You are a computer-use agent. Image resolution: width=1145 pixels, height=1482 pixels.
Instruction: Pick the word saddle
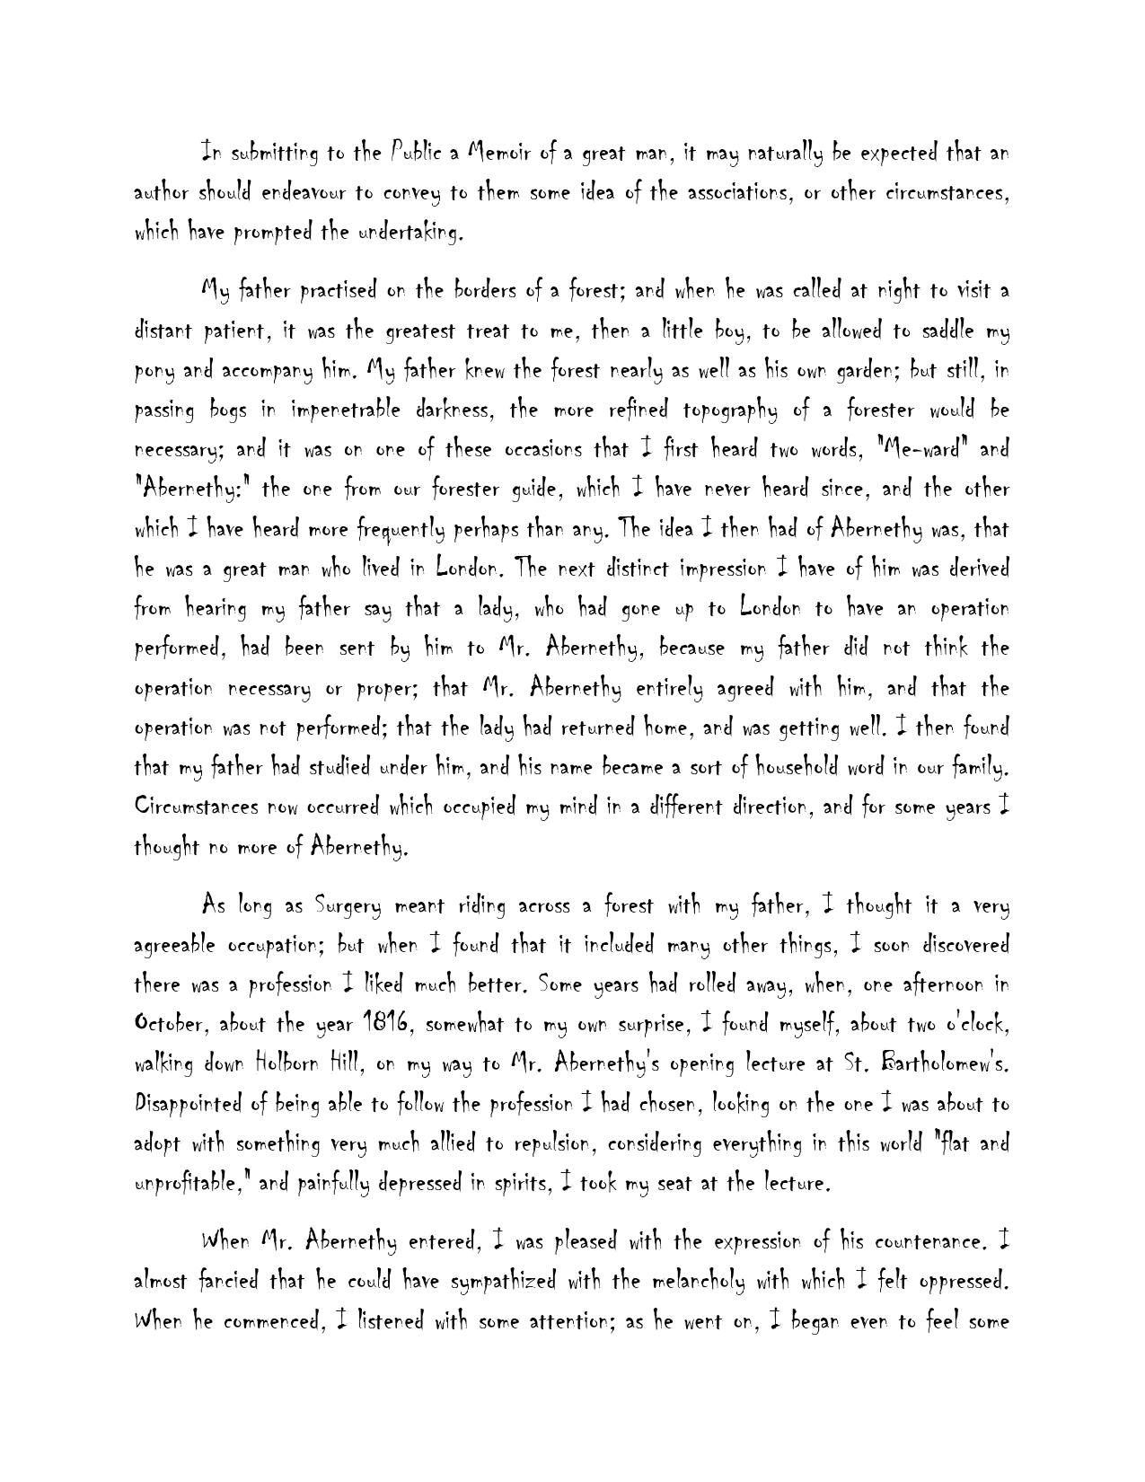931,331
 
